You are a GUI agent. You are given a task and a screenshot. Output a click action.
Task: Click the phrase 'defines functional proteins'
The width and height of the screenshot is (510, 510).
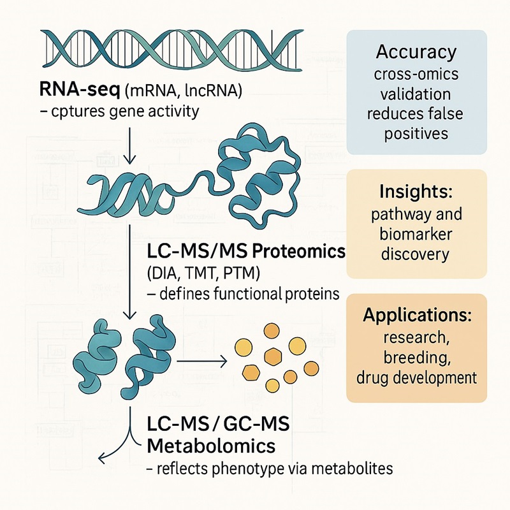[244, 294]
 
